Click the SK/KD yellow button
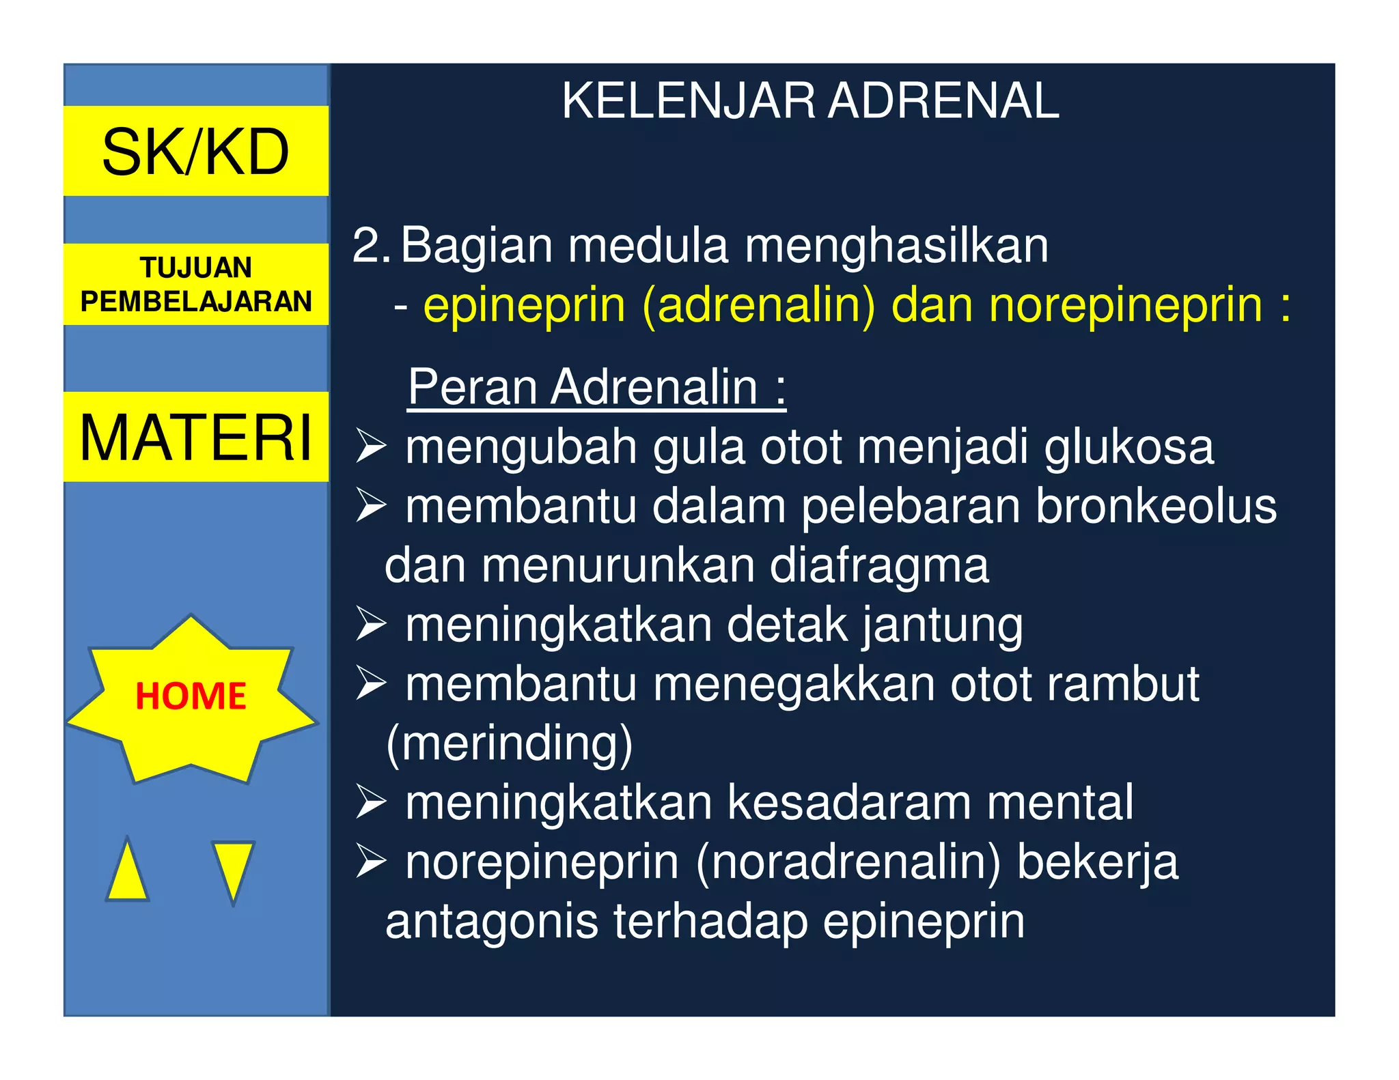(x=196, y=151)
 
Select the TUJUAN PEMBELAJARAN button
(x=196, y=284)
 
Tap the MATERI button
(x=196, y=437)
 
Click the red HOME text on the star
(x=191, y=696)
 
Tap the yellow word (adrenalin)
(x=758, y=305)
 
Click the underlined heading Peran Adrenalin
(x=596, y=387)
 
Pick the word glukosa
(x=1128, y=447)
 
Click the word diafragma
(x=879, y=566)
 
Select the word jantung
(x=942, y=625)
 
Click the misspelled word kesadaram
(x=849, y=802)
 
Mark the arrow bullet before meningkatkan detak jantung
(x=371, y=625)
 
